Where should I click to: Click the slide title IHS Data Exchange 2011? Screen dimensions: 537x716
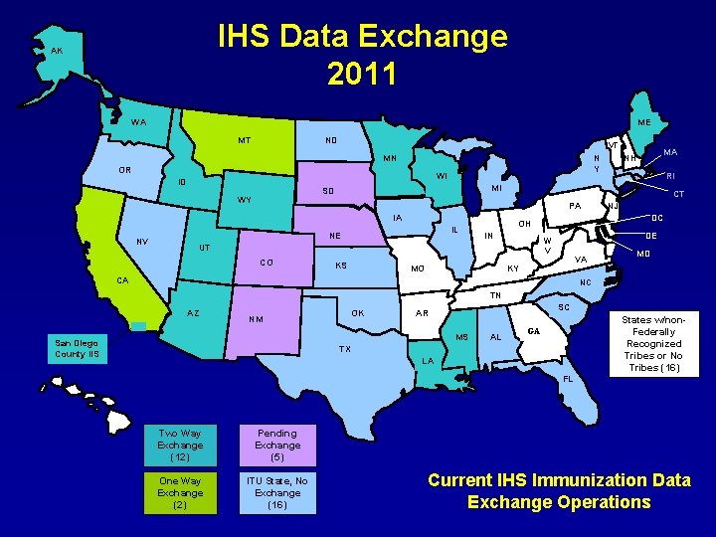pyautogui.click(x=362, y=55)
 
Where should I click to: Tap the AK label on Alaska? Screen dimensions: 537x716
pyautogui.click(x=57, y=51)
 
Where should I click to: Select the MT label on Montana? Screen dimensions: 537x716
pyautogui.click(x=245, y=140)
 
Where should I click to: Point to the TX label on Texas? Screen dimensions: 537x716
pyautogui.click(x=345, y=349)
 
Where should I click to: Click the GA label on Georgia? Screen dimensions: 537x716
pyautogui.click(x=533, y=330)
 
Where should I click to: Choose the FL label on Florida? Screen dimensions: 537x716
pyautogui.click(x=568, y=379)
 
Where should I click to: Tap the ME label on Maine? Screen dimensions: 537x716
pyautogui.click(x=644, y=123)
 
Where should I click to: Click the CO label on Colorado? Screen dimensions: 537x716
pyautogui.click(x=267, y=263)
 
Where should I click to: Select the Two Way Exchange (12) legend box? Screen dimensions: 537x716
pyautogui.click(x=179, y=446)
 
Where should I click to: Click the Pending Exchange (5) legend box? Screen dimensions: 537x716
pyautogui.click(x=277, y=446)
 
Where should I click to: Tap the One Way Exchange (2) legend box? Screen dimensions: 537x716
pyautogui.click(x=179, y=492)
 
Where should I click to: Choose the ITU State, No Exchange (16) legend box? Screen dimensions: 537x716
pyautogui.click(x=277, y=492)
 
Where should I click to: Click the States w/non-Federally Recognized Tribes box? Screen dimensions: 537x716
pyautogui.click(x=653, y=344)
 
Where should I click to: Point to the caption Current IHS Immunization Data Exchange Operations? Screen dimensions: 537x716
pyautogui.click(x=559, y=491)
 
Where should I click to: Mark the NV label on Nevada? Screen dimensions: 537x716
pyautogui.click(x=143, y=243)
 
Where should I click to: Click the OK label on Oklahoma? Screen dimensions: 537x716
pyautogui.click(x=359, y=313)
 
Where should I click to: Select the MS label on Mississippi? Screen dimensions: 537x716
pyautogui.click(x=461, y=338)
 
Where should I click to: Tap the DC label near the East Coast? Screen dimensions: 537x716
pyautogui.click(x=657, y=217)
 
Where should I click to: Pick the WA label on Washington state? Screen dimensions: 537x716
pyautogui.click(x=138, y=122)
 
